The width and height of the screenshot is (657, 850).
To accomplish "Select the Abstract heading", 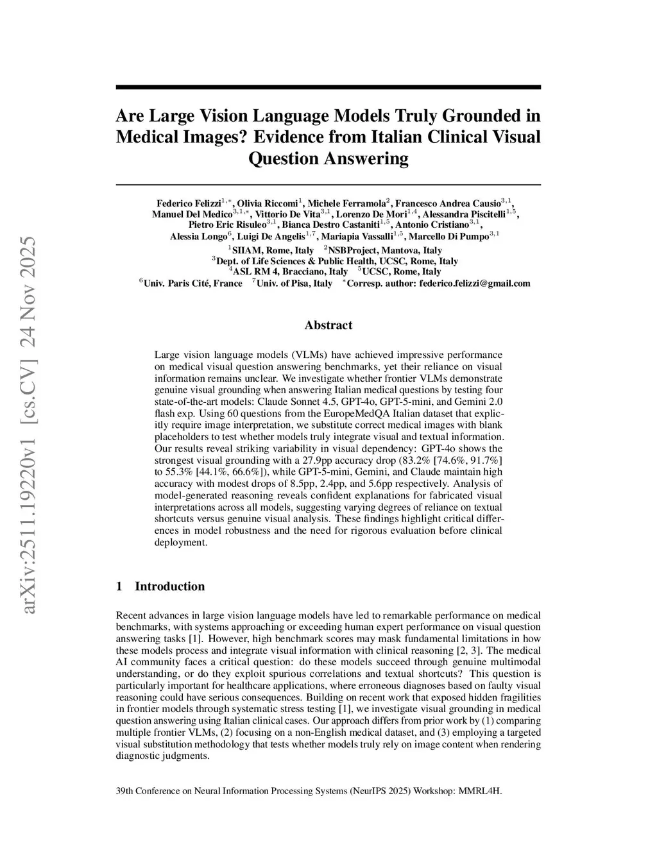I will tap(328, 325).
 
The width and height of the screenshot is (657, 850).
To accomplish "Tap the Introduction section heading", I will tap(169, 586).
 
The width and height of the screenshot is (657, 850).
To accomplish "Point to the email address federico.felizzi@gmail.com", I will tap(474, 283).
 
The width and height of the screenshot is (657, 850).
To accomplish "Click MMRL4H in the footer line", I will tap(479, 791).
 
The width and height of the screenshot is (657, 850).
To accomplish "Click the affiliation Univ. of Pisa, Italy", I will tap(294, 283).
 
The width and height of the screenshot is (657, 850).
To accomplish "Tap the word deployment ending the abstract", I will tap(180, 542).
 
